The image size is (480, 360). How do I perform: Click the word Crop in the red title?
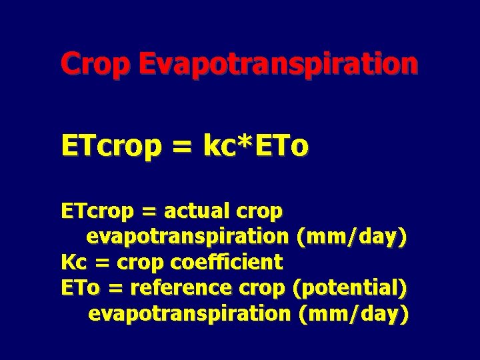[x=96, y=65]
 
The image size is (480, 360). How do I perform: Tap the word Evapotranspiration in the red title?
[x=279, y=65]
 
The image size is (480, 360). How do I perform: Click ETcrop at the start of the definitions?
[x=97, y=212]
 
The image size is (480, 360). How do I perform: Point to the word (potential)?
[x=351, y=288]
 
